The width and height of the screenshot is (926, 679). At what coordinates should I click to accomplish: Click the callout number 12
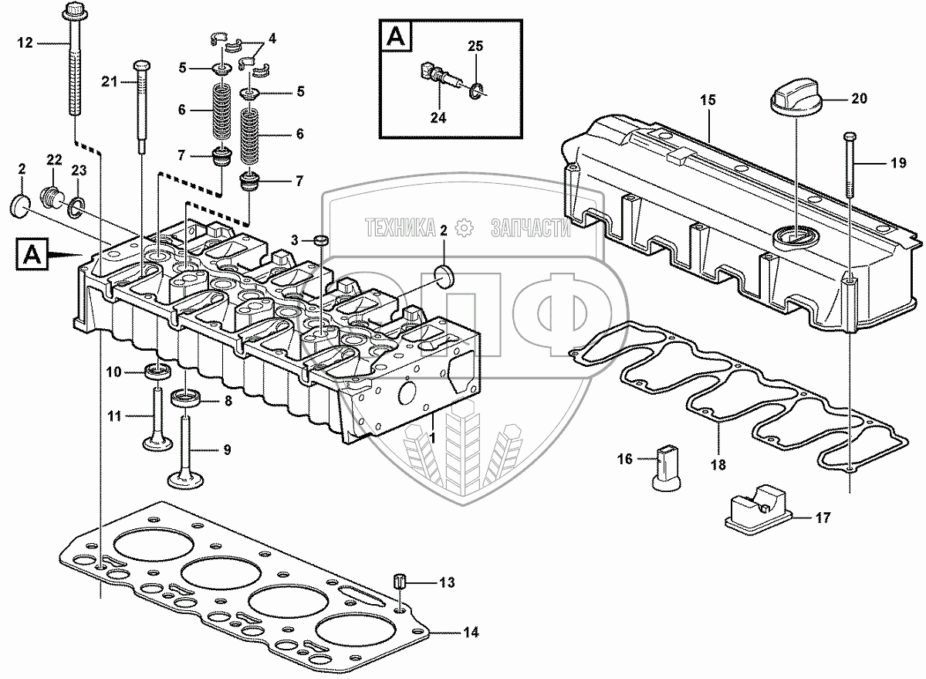click(25, 42)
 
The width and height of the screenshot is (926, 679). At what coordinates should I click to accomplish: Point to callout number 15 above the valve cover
click(708, 100)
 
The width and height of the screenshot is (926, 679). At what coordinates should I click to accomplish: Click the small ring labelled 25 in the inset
click(476, 91)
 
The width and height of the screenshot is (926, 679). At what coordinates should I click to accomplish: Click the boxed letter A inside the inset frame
click(396, 36)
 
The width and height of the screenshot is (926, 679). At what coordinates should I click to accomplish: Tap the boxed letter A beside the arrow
click(32, 254)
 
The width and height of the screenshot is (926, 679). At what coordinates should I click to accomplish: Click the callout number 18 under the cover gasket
click(718, 465)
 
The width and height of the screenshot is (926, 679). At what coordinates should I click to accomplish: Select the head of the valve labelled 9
click(187, 480)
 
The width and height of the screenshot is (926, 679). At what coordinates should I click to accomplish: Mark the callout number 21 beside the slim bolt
click(109, 82)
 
